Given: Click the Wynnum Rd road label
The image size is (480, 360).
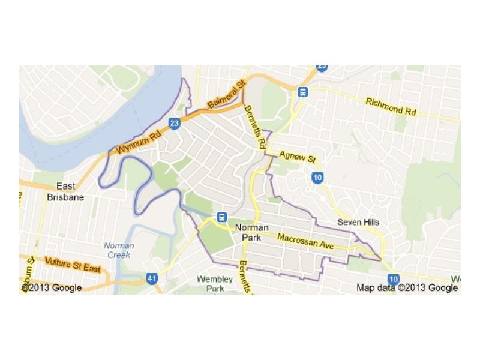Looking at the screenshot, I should [137, 142].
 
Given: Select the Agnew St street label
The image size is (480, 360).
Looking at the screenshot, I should [297, 157].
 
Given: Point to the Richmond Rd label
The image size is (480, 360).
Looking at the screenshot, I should [391, 107].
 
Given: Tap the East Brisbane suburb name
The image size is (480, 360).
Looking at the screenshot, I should [65, 191].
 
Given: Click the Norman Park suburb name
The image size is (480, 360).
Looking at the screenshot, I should [251, 233].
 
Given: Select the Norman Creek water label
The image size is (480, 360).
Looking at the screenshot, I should [119, 250].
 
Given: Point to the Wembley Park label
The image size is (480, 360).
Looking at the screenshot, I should [214, 284].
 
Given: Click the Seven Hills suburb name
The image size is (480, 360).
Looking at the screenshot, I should [358, 222].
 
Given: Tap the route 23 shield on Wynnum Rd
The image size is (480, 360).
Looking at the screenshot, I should [175, 124].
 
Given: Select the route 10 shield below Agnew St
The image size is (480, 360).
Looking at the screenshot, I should [317, 177].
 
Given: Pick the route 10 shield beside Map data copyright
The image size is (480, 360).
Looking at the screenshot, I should [394, 278].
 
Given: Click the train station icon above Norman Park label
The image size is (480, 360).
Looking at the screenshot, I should [221, 217].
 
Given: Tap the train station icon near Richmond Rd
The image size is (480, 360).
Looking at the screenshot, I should [303, 92].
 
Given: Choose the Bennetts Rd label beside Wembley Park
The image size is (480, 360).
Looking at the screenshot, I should [244, 275].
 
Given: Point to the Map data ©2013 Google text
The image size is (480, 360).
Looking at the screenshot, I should [407, 288].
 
